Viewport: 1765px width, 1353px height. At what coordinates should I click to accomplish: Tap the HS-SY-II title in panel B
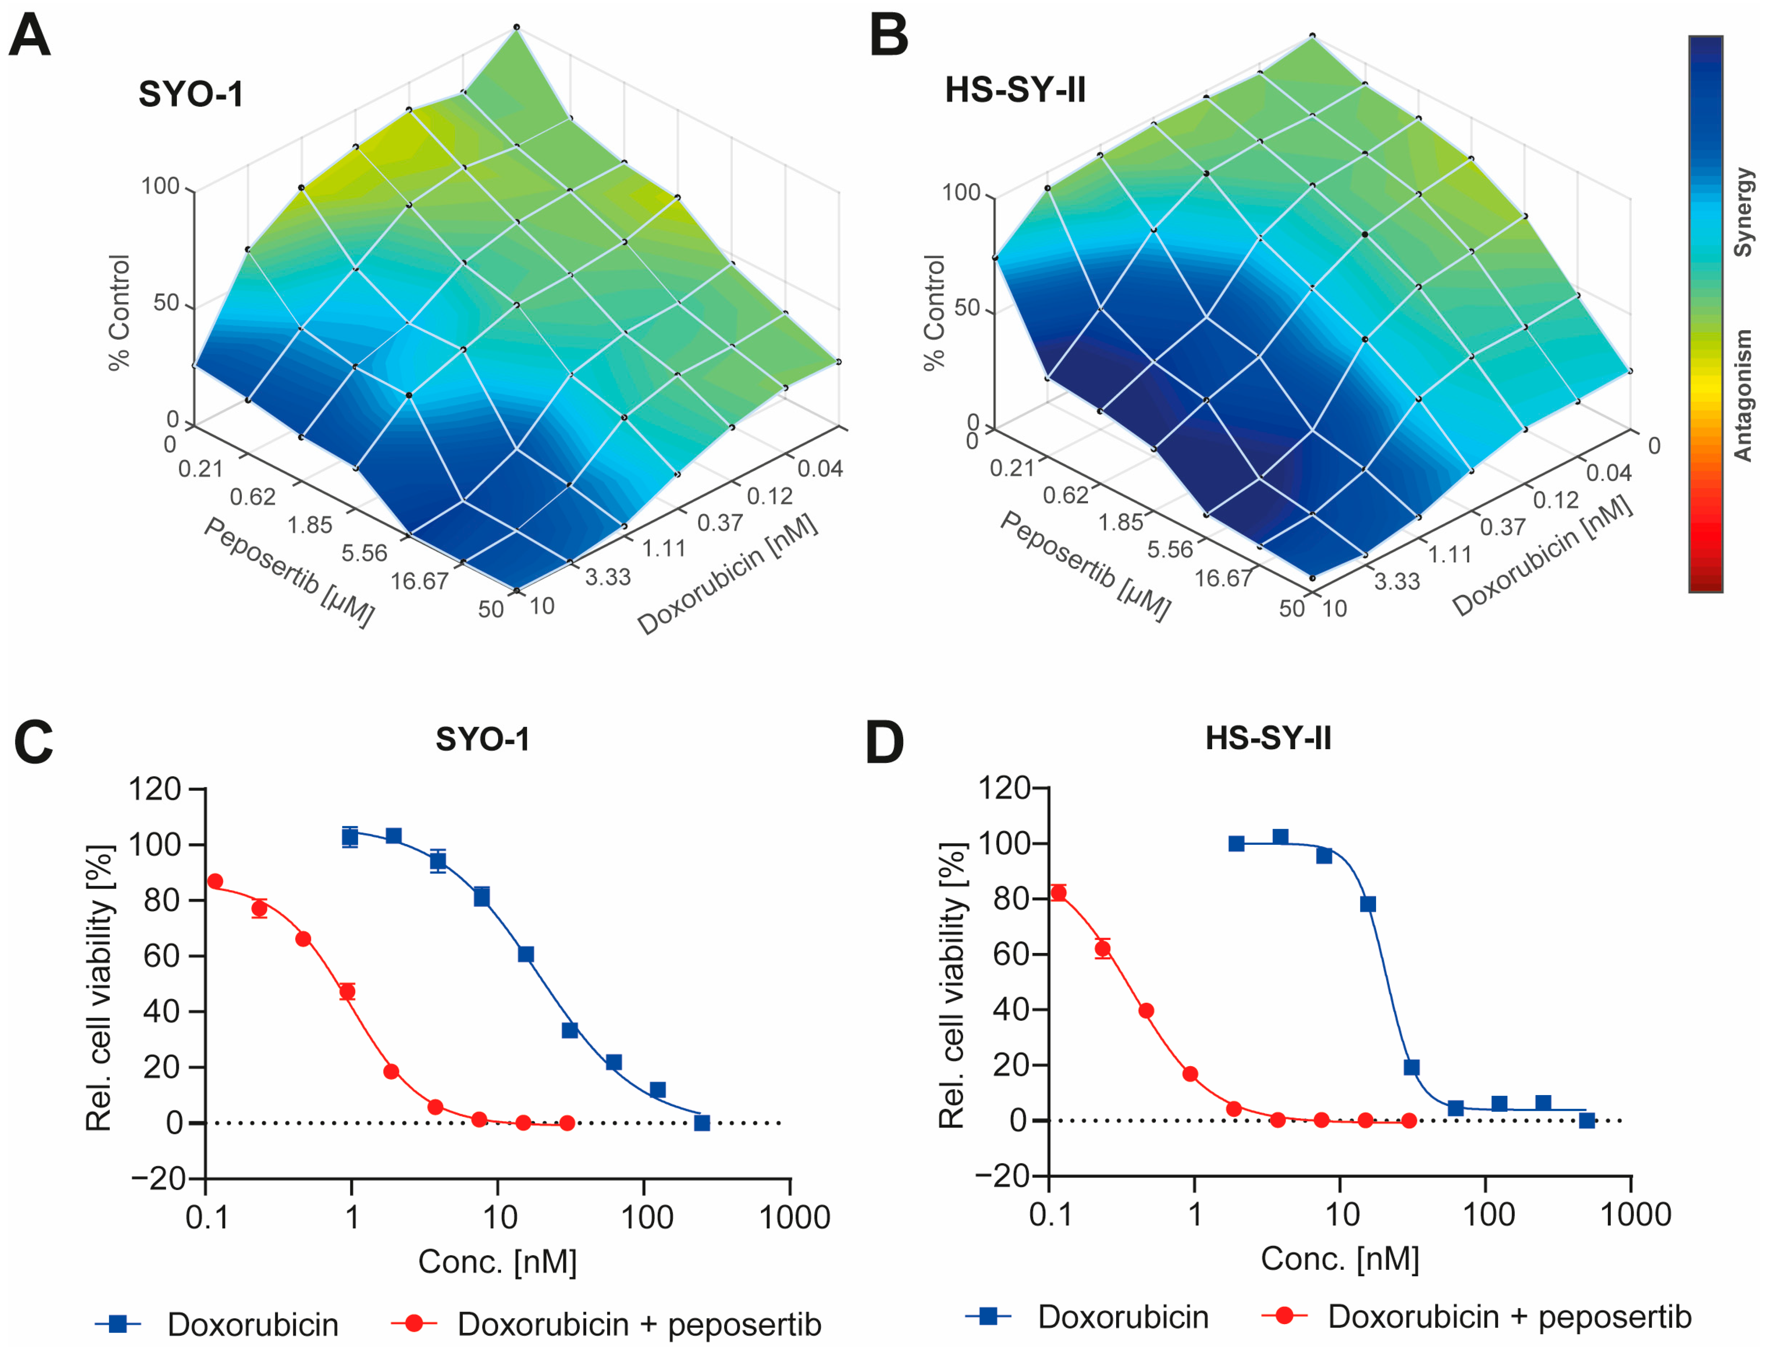click(x=1015, y=90)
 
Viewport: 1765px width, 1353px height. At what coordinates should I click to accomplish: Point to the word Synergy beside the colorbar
click(x=1743, y=212)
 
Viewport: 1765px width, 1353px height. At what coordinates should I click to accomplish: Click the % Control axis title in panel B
click(x=935, y=313)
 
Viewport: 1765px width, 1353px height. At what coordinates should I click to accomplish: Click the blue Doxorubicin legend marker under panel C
click(x=119, y=1323)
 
